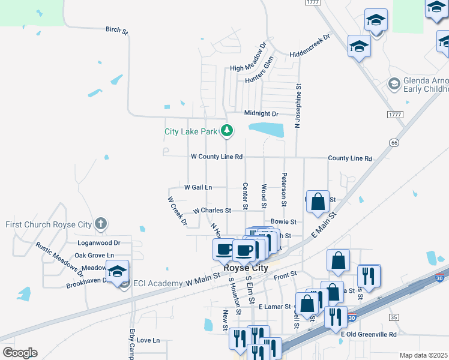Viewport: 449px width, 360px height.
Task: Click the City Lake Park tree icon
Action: coord(226,130)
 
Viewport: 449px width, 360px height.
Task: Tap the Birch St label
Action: coord(117,29)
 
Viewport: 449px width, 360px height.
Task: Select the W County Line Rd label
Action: coord(216,157)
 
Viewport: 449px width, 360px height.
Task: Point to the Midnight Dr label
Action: coord(262,113)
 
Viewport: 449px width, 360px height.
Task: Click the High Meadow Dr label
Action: coord(248,57)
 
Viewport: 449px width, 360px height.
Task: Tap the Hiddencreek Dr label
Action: coord(310,45)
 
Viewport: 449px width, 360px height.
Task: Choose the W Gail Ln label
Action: coord(198,187)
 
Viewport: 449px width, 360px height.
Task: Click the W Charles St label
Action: coord(212,211)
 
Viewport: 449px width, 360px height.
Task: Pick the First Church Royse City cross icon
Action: coord(101,224)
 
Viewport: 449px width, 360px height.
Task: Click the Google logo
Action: coord(20,352)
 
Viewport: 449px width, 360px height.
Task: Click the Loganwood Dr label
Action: coord(99,243)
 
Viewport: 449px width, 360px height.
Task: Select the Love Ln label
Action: coord(148,340)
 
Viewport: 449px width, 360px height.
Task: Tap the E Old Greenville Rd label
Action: coord(369,334)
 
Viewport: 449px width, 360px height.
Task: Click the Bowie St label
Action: coord(283,222)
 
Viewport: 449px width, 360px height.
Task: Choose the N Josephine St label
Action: coord(297,106)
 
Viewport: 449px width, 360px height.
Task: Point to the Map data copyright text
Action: coord(424,355)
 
